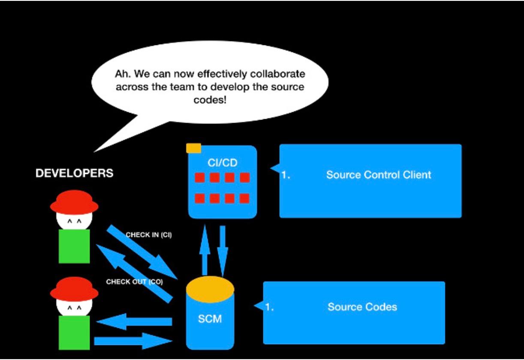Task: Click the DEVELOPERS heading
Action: pos(74,173)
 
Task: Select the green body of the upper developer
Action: pos(74,246)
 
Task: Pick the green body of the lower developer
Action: pos(74,332)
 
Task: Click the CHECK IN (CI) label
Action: pos(148,235)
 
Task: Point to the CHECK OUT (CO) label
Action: pos(134,282)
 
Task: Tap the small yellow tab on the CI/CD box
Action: pos(193,148)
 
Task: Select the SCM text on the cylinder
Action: pos(210,319)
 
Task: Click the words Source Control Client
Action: pos(378,175)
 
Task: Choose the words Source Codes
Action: pos(362,307)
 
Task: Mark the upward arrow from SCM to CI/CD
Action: pos(205,251)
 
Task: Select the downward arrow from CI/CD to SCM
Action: pos(223,249)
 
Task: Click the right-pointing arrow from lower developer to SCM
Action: pos(133,341)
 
